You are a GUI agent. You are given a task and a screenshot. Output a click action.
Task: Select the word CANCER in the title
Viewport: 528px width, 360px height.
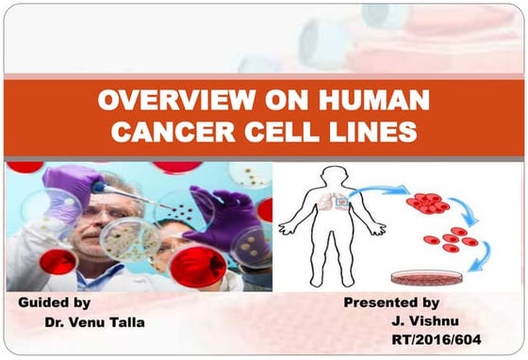pos(170,131)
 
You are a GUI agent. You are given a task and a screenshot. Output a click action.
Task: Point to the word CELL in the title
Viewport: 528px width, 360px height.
pos(282,131)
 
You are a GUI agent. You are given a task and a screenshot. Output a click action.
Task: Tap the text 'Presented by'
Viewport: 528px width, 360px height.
pos(390,303)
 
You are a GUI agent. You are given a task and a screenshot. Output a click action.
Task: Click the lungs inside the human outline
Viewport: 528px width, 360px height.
pos(338,201)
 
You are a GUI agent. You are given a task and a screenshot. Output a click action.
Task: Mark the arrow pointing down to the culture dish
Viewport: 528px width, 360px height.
pos(481,257)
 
